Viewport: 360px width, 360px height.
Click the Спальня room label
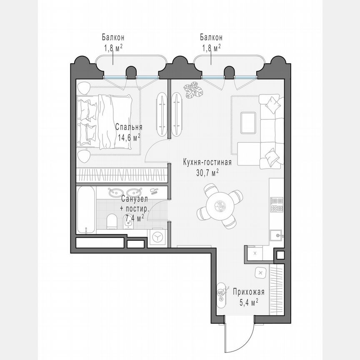(129, 127)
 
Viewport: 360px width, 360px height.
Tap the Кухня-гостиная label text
(207, 162)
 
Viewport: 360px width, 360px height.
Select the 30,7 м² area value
(207, 172)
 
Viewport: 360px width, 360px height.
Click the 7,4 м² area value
(134, 217)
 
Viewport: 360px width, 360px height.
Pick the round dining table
(219, 205)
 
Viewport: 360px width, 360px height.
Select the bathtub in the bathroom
(86, 210)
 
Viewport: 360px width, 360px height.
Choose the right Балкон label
(211, 37)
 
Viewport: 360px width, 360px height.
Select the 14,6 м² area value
(128, 137)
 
